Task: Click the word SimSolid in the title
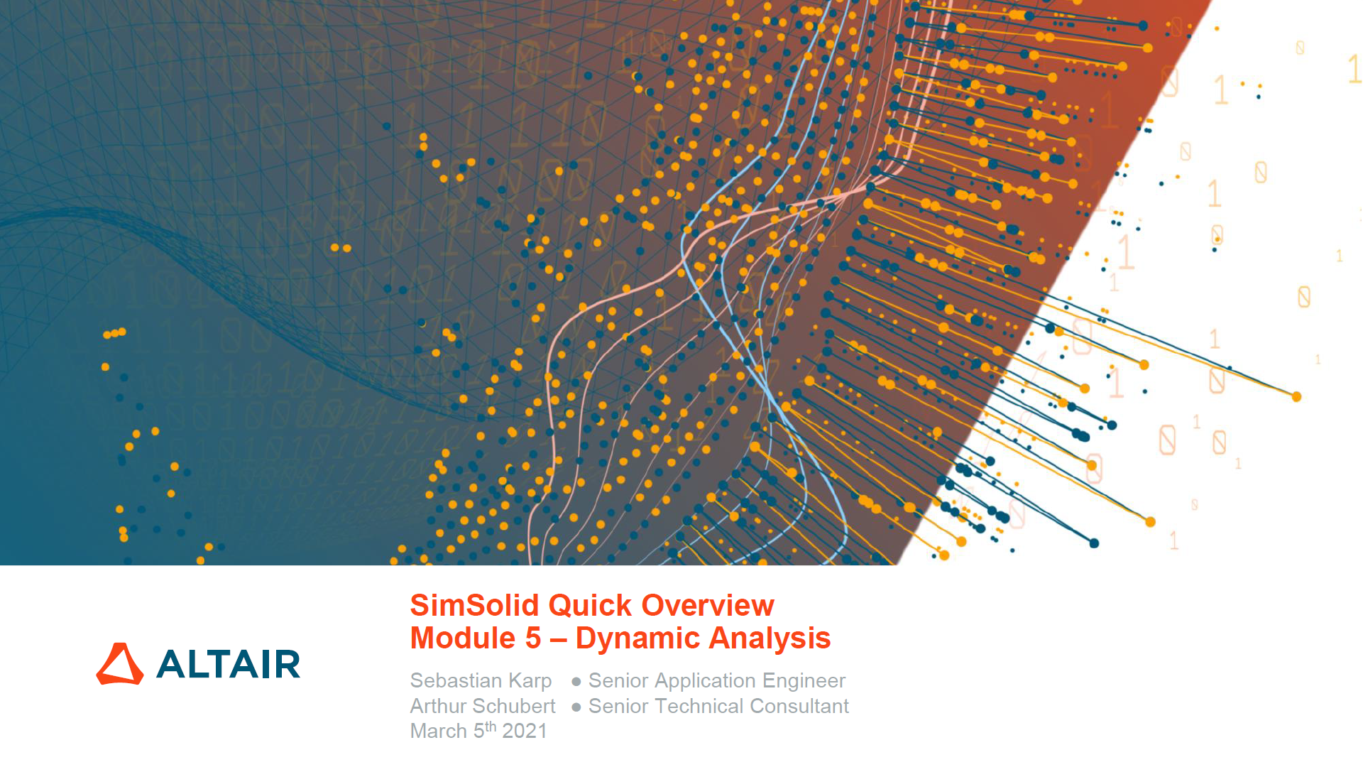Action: click(475, 606)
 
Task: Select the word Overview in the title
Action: click(708, 606)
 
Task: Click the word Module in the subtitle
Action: click(463, 638)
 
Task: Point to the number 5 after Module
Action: click(533, 638)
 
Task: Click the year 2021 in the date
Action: click(525, 731)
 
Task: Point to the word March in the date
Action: click(438, 731)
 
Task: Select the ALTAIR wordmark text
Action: click(228, 665)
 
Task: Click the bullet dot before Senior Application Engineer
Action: click(576, 682)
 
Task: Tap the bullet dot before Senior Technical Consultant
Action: click(576, 707)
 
